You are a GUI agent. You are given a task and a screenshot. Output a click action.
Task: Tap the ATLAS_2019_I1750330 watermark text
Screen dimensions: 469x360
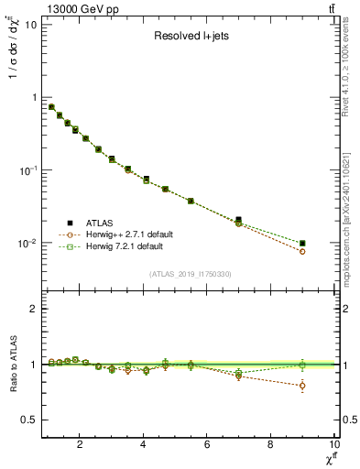pyautogui.click(x=189, y=273)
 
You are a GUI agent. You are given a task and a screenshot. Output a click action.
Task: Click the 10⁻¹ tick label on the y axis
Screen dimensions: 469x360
pyautogui.click(x=27, y=170)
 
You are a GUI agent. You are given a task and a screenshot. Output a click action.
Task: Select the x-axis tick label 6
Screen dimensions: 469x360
pyautogui.click(x=207, y=445)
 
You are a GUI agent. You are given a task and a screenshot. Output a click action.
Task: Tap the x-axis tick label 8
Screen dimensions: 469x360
pyautogui.click(x=270, y=445)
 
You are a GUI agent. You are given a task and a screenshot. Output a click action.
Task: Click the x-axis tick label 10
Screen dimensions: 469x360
pyautogui.click(x=333, y=445)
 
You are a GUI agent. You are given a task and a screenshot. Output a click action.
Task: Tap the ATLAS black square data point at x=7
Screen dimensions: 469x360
pyautogui.click(x=239, y=220)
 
